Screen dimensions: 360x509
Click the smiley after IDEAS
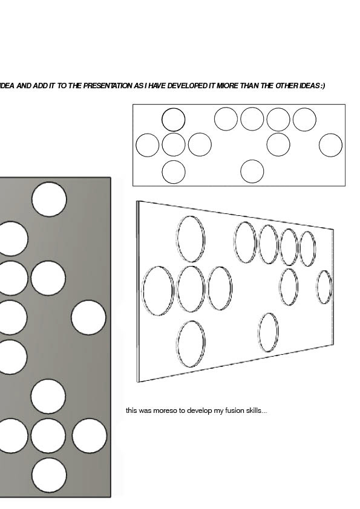(x=322, y=86)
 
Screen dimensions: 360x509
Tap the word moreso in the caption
(x=165, y=410)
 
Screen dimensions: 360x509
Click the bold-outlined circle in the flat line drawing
(x=174, y=108)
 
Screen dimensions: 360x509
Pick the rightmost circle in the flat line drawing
(x=331, y=134)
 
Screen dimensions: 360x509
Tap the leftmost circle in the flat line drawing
(x=148, y=134)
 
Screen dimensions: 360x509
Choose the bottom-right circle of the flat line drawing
(x=252, y=160)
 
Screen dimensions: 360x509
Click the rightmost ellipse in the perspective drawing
(x=324, y=271)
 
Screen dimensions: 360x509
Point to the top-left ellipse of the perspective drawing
(x=191, y=216)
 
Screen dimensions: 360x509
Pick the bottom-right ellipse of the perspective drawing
(x=269, y=313)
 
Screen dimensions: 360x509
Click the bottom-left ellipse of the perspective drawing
(x=191, y=322)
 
